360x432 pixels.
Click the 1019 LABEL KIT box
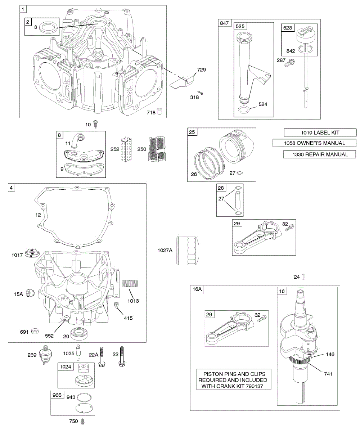[x=320, y=132]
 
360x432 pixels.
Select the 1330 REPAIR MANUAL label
[x=319, y=154]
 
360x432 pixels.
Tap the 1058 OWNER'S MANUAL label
[x=314, y=143]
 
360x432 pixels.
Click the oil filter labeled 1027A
[x=187, y=250]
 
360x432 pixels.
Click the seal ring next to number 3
[x=48, y=27]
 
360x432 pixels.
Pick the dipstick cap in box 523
[x=305, y=36]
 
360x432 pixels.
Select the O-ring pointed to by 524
[x=243, y=110]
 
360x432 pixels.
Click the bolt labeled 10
[x=95, y=124]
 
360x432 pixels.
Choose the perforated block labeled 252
[x=126, y=149]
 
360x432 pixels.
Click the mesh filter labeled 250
[x=157, y=149]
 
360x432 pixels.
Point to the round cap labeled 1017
[x=32, y=253]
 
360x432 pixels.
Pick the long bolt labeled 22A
[x=102, y=357]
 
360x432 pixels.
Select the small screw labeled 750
[x=82, y=422]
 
